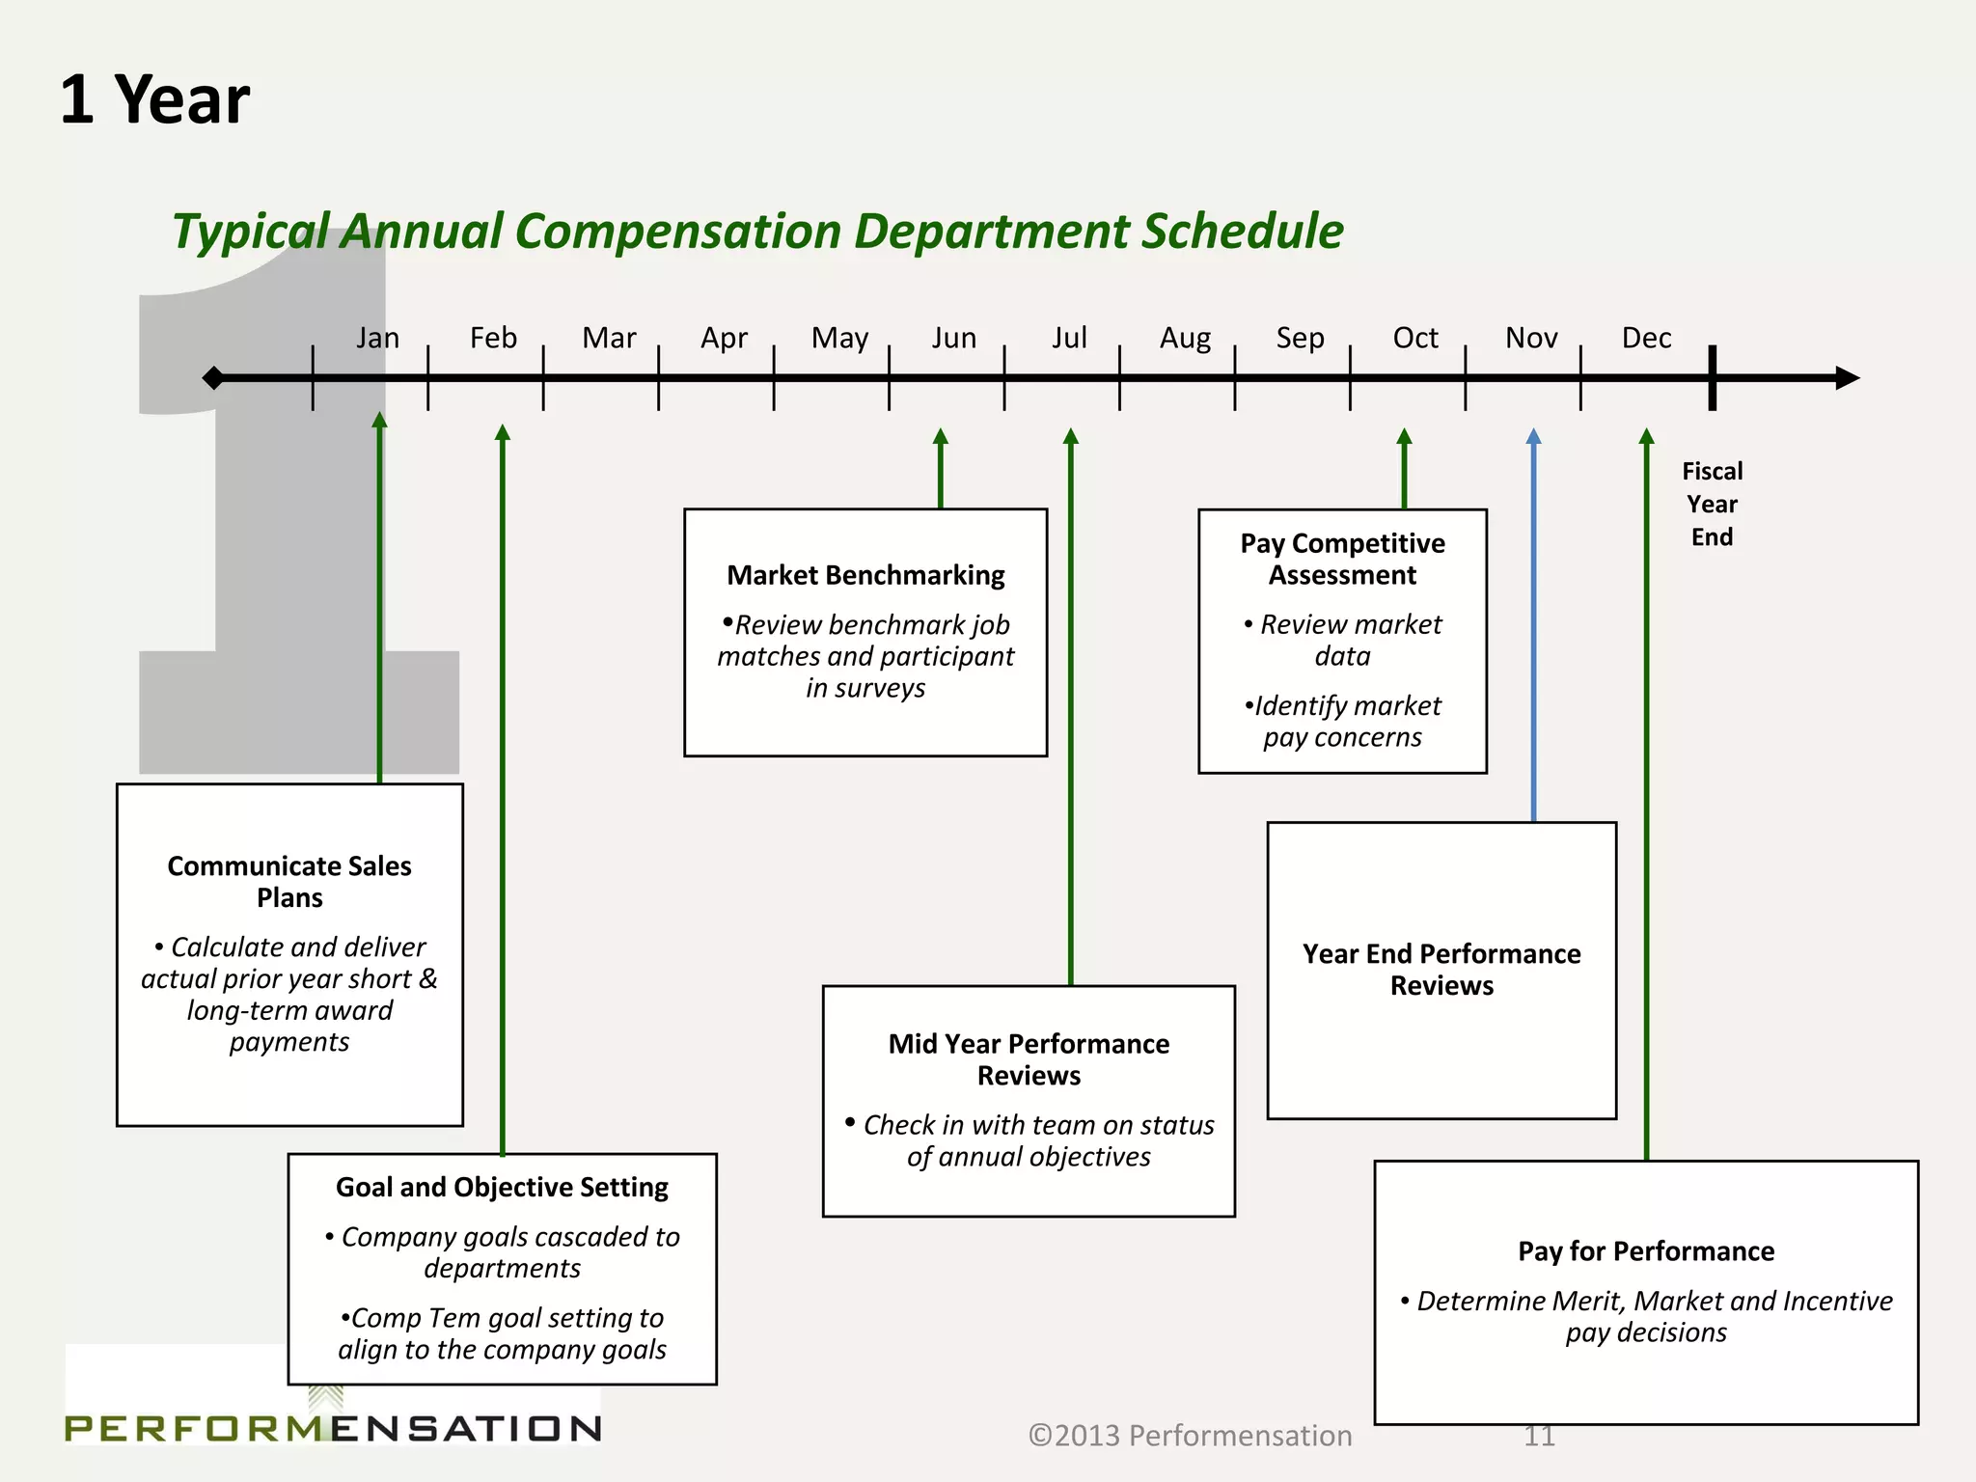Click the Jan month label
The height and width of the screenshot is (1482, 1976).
click(377, 338)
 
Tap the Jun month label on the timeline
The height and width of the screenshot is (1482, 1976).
click(953, 338)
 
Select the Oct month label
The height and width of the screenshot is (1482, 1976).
click(1414, 338)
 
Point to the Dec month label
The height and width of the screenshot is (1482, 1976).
click(1646, 338)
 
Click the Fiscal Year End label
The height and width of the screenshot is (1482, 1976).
click(1712, 504)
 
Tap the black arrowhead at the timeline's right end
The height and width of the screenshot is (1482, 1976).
click(1847, 377)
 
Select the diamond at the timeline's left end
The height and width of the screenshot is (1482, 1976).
click(213, 377)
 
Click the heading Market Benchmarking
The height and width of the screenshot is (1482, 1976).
click(865, 575)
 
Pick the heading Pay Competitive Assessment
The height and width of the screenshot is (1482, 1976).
click(1342, 559)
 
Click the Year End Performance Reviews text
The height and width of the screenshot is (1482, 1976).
click(1441, 969)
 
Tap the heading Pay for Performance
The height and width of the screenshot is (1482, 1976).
click(1646, 1250)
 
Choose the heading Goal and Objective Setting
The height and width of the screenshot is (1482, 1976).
click(502, 1187)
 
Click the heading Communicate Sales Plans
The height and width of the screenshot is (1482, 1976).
click(289, 881)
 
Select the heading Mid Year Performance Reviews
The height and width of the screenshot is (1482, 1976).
click(1029, 1058)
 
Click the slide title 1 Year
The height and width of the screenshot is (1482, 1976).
click(154, 100)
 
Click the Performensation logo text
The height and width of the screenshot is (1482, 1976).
click(333, 1427)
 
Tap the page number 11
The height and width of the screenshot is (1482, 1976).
click(1539, 1436)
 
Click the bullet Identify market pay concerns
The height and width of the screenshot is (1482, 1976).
click(1342, 721)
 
